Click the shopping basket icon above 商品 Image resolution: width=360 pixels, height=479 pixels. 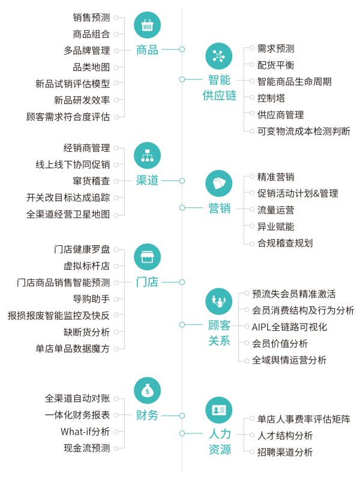(x=147, y=25)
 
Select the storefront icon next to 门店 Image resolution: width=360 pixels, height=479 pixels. (x=147, y=257)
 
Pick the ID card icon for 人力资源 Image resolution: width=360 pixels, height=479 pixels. (x=218, y=409)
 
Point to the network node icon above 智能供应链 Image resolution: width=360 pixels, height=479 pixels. (x=218, y=56)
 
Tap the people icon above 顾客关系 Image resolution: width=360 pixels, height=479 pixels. (x=218, y=299)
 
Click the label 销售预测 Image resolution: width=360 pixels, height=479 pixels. (x=91, y=18)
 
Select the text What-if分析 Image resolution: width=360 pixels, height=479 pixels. (x=85, y=431)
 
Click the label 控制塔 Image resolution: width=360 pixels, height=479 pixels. (x=271, y=98)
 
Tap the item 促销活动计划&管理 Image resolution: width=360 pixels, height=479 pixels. (x=298, y=194)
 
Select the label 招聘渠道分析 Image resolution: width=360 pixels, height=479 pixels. (x=285, y=453)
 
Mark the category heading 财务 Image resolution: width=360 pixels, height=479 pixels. (x=147, y=415)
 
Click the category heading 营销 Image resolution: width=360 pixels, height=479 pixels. (x=219, y=208)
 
